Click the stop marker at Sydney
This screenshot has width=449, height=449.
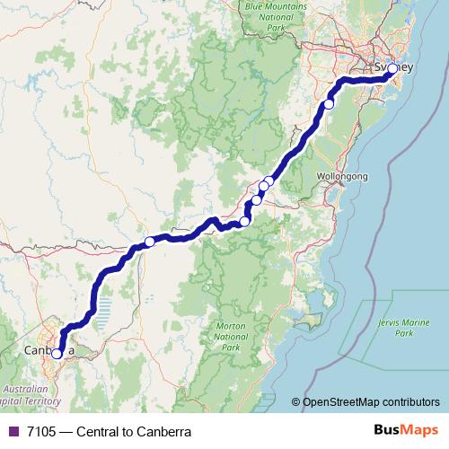pos(392,68)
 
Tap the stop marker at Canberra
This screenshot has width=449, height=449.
pos(57,354)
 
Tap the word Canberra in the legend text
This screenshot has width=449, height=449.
pos(163,432)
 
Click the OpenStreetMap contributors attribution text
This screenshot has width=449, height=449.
pos(371,403)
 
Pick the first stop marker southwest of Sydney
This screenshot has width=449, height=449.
pos(329,104)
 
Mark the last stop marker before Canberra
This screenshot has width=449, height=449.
pos(149,242)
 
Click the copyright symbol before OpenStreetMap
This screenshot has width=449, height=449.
pos(296,403)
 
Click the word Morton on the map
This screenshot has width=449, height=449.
pos(231,326)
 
